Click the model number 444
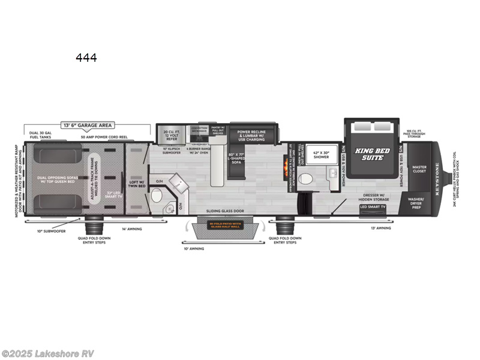point(86,58)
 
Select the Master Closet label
point(419,169)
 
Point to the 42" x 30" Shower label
point(321,155)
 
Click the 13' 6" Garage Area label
point(88,125)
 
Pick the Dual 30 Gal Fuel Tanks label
point(38,134)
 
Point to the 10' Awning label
point(195,248)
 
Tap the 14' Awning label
point(131,229)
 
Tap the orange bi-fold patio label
point(225,226)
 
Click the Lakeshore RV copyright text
point(48,353)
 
